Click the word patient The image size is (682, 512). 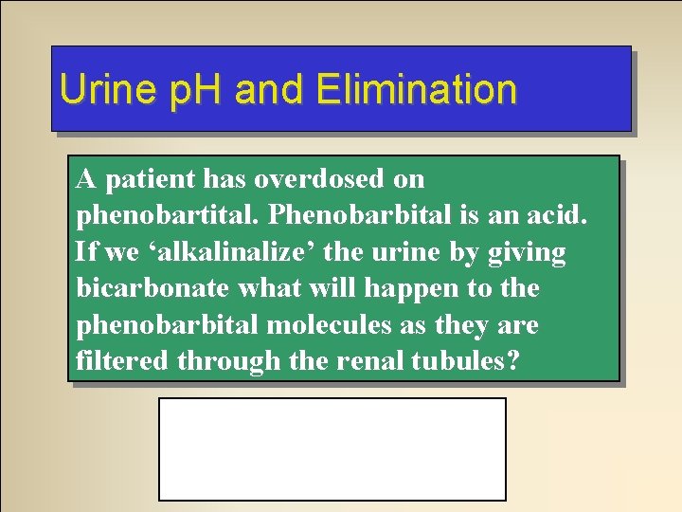click(x=139, y=178)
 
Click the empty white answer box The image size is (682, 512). click(x=332, y=448)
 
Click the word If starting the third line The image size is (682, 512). click(x=86, y=252)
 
